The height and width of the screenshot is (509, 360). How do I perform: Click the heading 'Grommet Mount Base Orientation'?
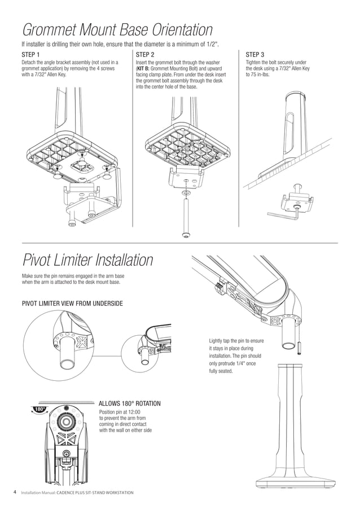tap(117, 29)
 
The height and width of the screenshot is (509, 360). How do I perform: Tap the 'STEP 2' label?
tap(145, 55)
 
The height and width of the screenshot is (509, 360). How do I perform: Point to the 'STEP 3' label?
tap(255, 55)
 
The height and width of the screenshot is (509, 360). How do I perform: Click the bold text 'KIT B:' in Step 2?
tap(145, 68)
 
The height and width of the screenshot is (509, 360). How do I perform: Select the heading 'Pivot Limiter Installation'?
tap(87, 260)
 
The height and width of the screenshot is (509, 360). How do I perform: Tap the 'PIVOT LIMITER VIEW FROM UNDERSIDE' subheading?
tap(72, 304)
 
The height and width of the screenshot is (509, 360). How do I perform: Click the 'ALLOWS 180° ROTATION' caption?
tap(129, 403)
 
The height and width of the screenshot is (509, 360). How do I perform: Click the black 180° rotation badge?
tap(39, 409)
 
